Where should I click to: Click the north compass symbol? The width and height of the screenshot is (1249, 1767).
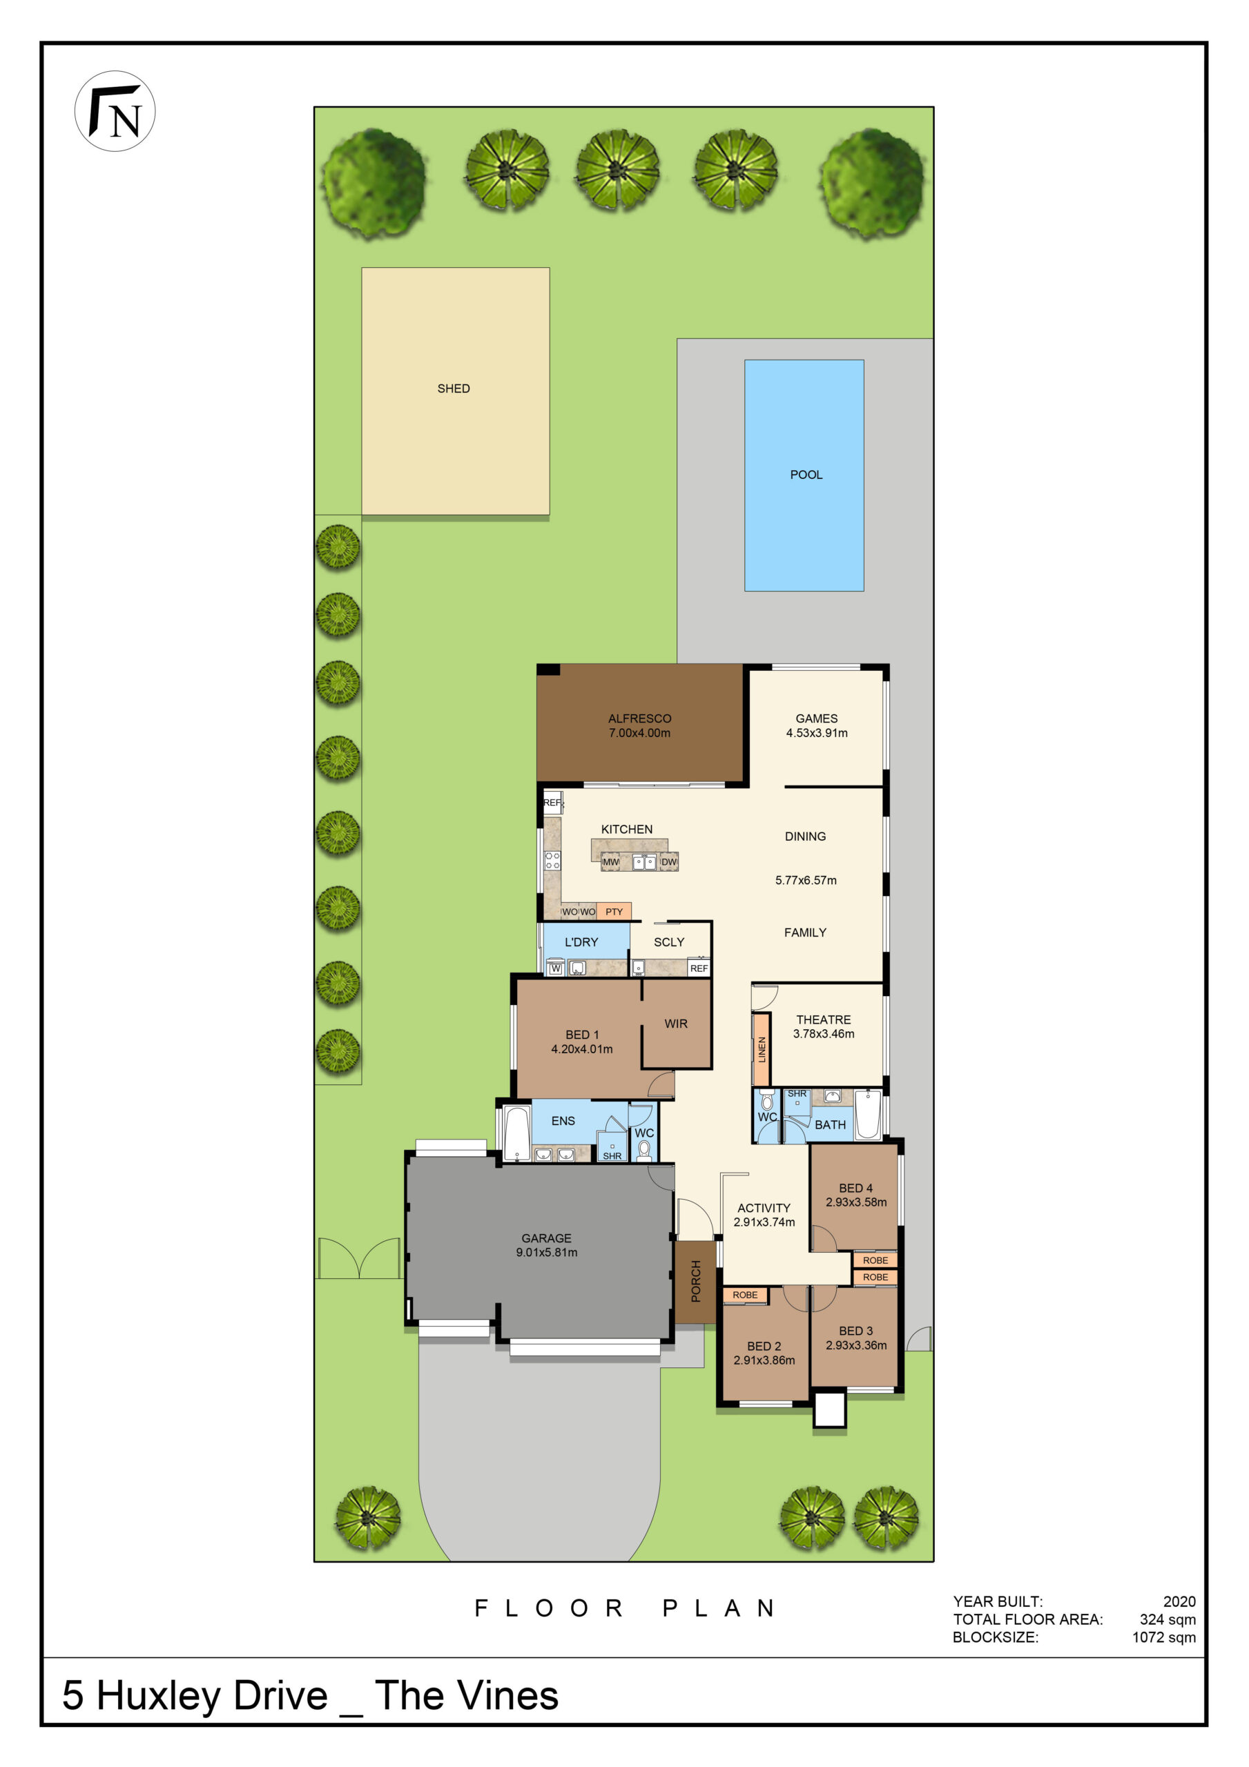(115, 111)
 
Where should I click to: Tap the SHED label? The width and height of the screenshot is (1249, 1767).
(454, 389)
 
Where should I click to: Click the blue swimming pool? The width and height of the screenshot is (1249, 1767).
(804, 475)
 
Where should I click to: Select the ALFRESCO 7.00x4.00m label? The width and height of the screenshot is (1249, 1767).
(639, 725)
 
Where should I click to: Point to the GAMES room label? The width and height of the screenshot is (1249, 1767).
(816, 718)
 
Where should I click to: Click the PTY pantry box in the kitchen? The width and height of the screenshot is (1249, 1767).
(614, 911)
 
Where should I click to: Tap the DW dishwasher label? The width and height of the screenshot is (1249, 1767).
(669, 862)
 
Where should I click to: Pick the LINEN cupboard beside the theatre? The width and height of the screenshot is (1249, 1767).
(762, 1049)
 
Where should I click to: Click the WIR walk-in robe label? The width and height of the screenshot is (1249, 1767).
(675, 1024)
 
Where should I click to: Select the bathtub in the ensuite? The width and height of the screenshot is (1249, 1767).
(516, 1132)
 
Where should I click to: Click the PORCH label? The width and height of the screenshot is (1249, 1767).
(696, 1280)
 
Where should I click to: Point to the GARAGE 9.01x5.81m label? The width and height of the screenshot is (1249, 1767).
(547, 1244)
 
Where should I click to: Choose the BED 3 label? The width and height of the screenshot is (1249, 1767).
(855, 1331)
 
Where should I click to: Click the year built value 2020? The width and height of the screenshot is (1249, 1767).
(1179, 1601)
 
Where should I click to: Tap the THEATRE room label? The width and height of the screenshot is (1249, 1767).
(823, 1019)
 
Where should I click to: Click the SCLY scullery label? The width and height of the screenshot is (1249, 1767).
(668, 942)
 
